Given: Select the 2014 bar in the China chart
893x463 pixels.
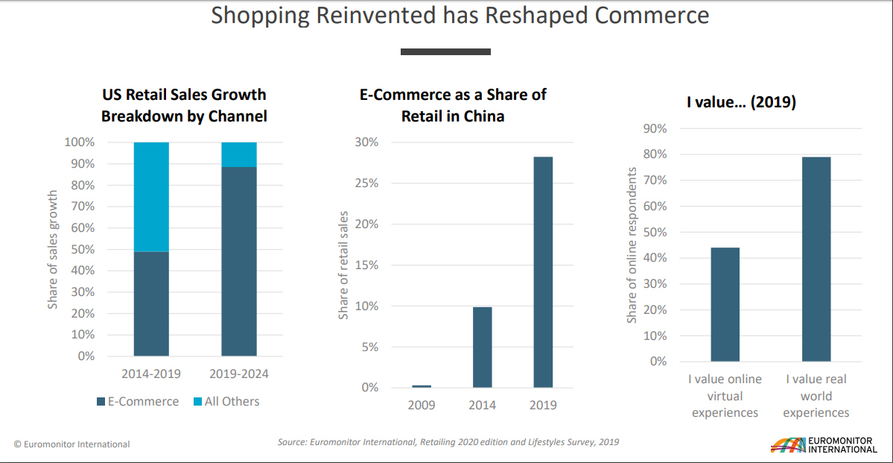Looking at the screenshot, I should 482,347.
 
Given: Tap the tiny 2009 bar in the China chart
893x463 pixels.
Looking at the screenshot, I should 422,386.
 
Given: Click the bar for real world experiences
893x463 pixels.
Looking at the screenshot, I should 816,259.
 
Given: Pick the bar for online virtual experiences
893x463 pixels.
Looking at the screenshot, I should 725,304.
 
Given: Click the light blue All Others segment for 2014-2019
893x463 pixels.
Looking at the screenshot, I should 151,197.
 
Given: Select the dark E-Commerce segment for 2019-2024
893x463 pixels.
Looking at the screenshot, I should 239,261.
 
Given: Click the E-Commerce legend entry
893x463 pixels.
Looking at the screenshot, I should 138,401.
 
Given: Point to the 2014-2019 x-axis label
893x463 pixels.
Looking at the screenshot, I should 151,374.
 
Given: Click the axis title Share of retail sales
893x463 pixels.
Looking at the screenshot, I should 344,265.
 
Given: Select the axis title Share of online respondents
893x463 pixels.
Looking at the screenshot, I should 632,245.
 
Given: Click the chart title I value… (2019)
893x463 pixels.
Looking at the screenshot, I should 741,102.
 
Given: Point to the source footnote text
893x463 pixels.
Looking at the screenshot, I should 448,442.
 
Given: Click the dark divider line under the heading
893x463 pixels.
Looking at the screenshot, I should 445,51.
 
